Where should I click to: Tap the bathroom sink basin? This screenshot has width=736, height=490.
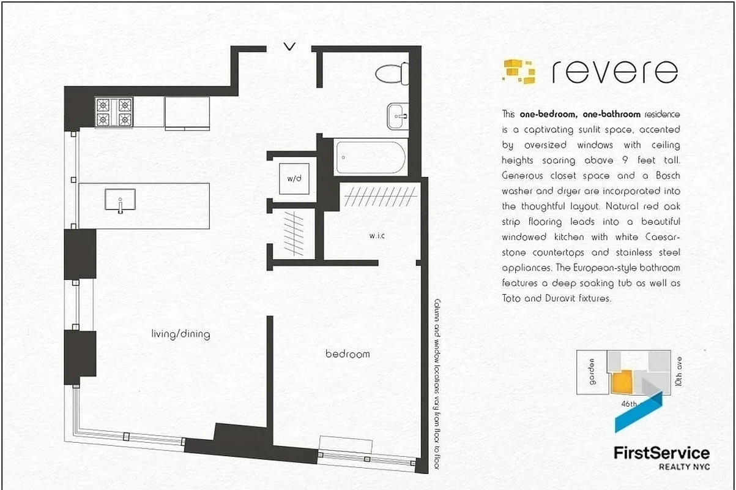(398, 115)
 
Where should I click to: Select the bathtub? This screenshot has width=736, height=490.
(370, 157)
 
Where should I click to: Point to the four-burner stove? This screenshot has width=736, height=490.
(114, 112)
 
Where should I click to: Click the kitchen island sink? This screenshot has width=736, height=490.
(120, 200)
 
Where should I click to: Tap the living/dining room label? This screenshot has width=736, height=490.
(180, 334)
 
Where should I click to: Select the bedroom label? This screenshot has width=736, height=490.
(347, 354)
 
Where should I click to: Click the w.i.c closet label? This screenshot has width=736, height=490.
(376, 235)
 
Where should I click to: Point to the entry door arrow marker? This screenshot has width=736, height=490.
(290, 46)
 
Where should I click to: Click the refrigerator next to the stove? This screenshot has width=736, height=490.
(187, 113)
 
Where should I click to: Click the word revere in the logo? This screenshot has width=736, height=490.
(614, 72)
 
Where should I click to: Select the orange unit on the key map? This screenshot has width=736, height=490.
(622, 382)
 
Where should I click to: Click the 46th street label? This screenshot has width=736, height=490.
(628, 404)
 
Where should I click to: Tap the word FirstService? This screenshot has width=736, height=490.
(661, 453)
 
